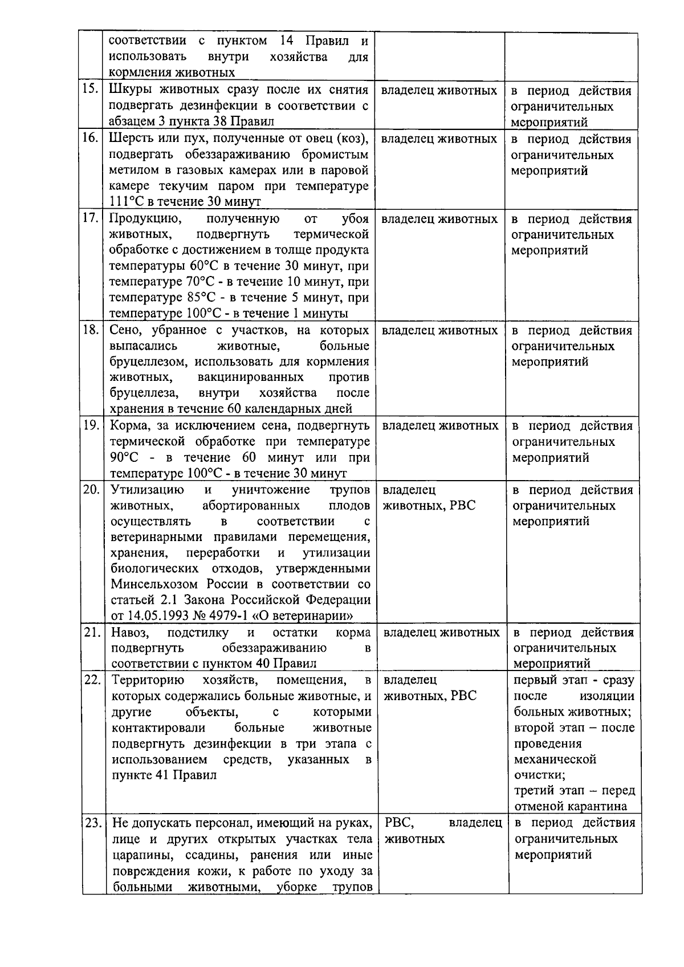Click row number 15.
[x=91, y=90]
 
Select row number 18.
[x=91, y=330]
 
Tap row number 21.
[x=92, y=632]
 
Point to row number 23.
[x=92, y=823]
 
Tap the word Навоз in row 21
[x=130, y=632]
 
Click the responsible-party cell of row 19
[x=441, y=426]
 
